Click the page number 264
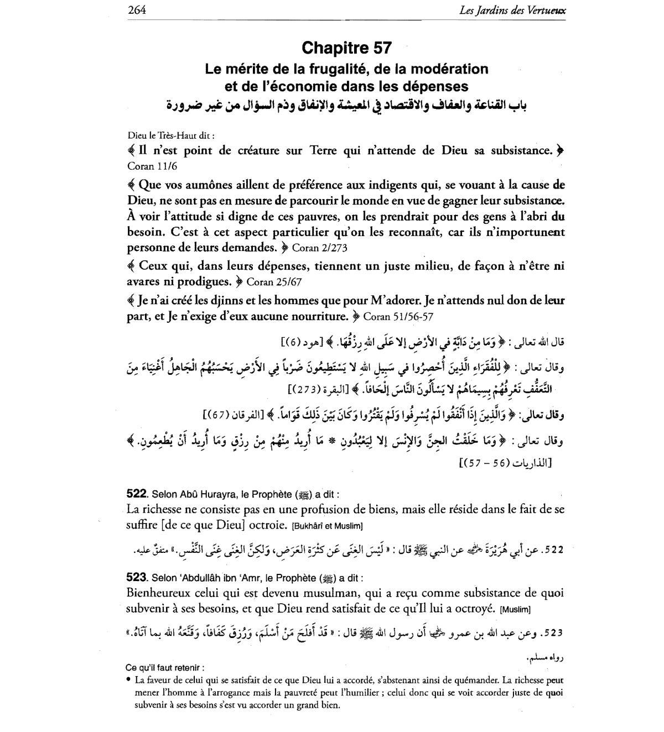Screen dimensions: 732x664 point(137,10)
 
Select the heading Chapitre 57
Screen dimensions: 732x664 point(347,48)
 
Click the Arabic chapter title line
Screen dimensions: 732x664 point(347,104)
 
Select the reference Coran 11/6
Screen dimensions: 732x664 point(152,166)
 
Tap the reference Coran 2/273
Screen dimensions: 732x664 point(319,248)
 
